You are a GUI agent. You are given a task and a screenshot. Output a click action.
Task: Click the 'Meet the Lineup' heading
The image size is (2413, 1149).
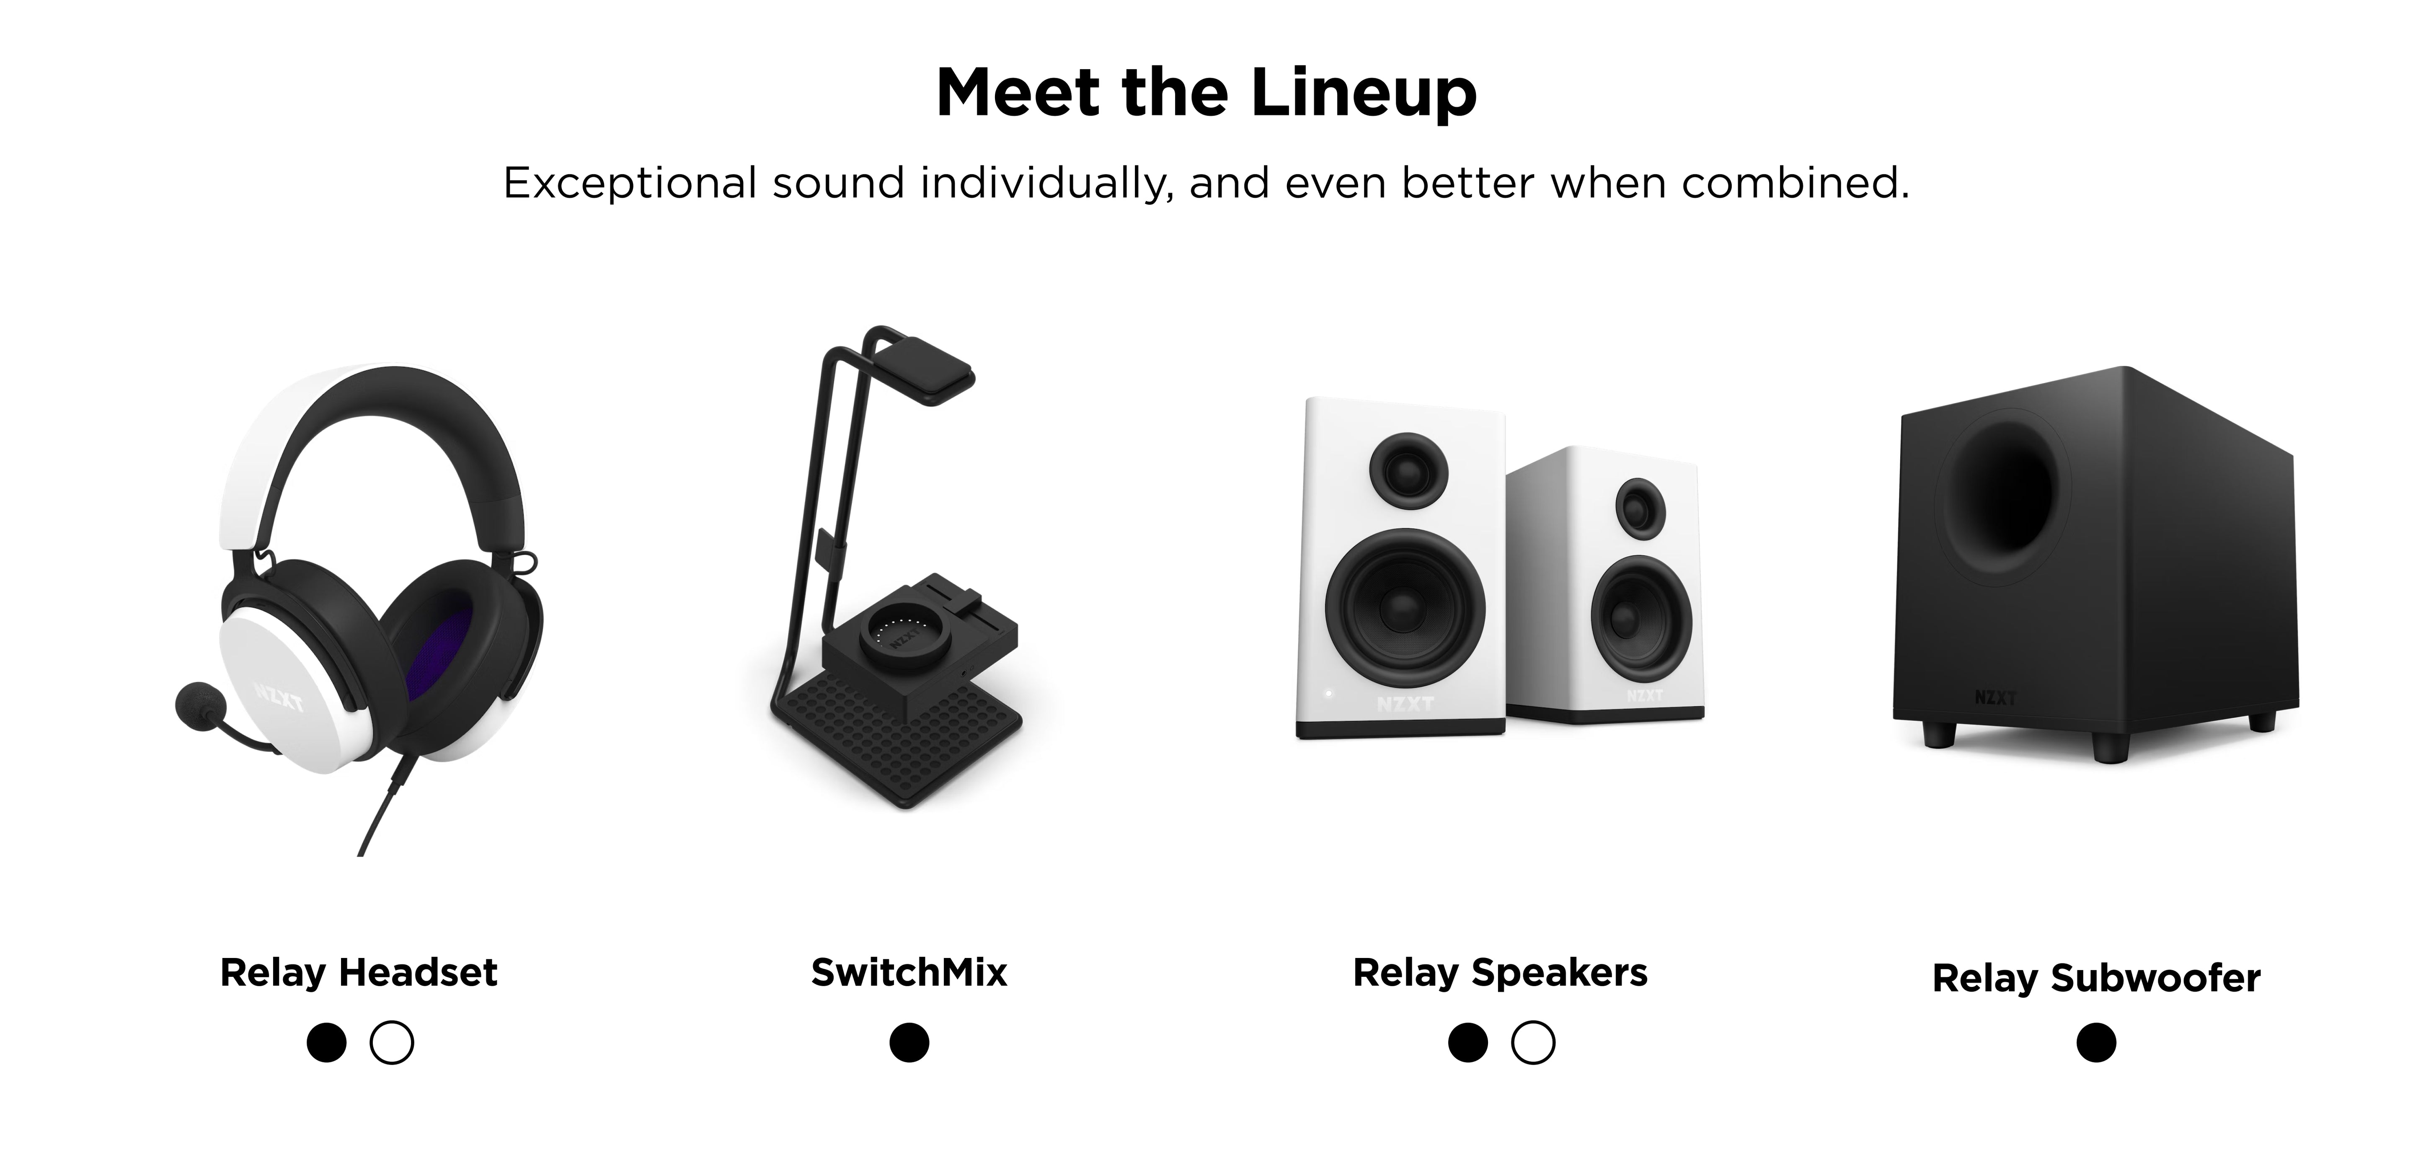point(1206,94)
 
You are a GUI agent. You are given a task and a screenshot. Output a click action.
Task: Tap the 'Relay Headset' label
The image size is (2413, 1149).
point(359,973)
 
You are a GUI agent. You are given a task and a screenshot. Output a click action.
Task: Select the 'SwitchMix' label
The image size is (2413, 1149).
point(909,973)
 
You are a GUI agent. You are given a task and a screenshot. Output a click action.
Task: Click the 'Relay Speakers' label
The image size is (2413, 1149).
point(1500,973)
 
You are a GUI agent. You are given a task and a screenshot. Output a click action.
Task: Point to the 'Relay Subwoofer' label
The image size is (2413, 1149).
point(2096,979)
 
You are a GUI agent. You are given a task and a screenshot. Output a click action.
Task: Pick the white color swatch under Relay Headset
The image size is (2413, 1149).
point(392,1042)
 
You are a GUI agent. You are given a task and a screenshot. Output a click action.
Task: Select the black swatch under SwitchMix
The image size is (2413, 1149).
point(909,1042)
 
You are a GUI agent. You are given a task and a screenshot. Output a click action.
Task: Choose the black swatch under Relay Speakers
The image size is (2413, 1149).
point(1468,1042)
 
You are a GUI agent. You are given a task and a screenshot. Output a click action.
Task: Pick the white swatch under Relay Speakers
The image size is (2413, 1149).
point(1532,1042)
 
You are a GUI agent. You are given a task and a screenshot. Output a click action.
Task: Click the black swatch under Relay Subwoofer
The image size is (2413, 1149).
point(2096,1042)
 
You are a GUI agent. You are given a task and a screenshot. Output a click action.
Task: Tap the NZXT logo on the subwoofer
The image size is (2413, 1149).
point(1995,697)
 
